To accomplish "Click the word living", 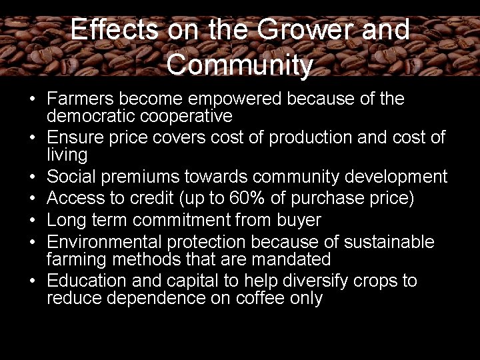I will click(67, 155).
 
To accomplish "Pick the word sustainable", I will click(386, 241).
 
